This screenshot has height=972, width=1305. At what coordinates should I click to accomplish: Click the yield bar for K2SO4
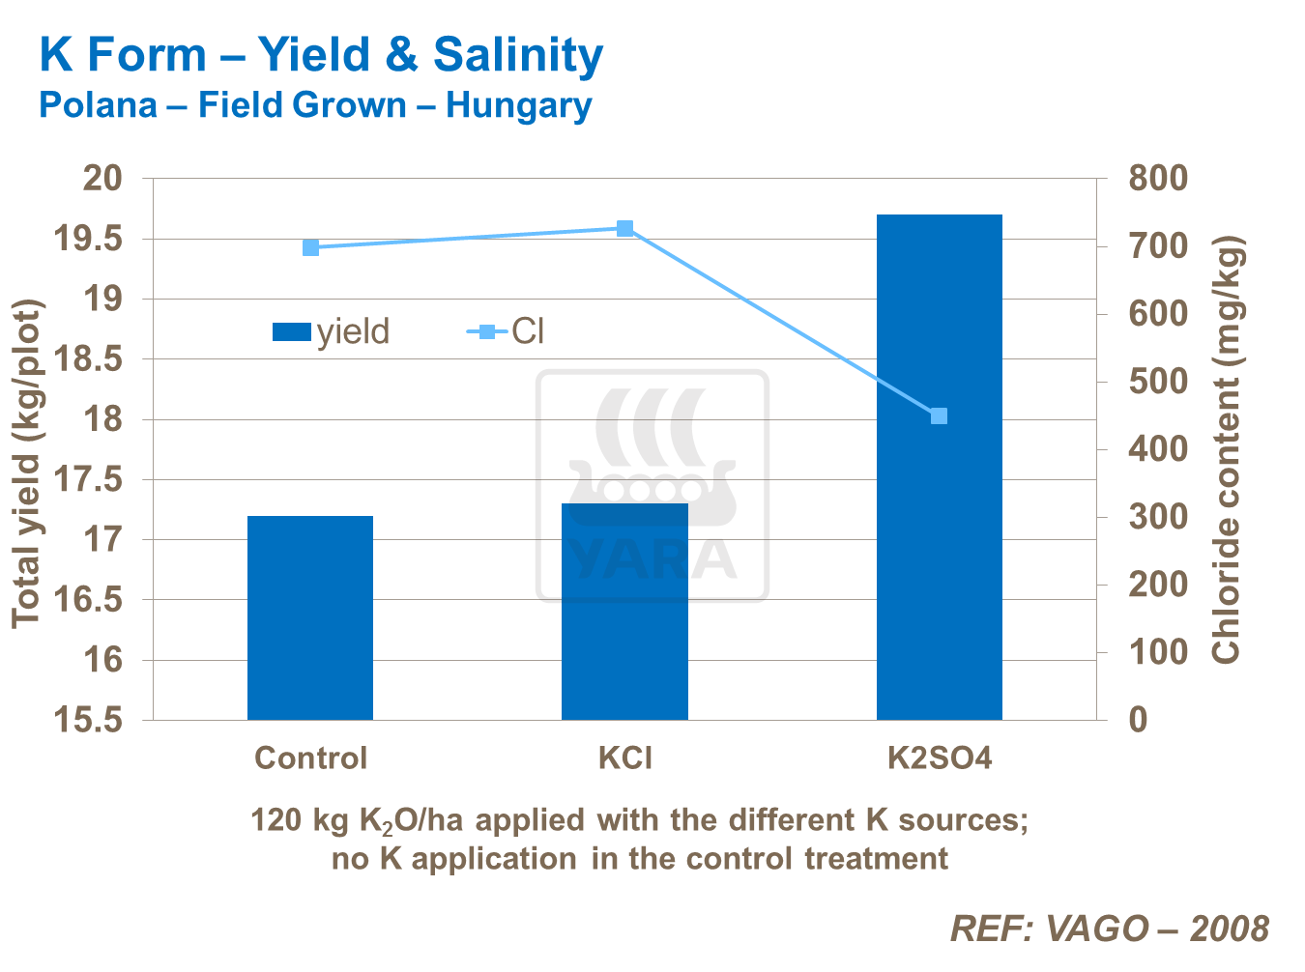939,541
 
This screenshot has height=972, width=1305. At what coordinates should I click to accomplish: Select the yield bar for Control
310,618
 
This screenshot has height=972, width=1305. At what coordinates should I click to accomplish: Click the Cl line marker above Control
311,248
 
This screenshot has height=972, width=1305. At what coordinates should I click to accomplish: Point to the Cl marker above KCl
624,229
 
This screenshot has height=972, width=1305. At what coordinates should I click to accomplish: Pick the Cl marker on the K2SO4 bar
939,416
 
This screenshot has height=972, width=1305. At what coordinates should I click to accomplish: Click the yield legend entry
332,332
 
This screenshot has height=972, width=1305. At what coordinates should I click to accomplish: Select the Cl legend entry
507,332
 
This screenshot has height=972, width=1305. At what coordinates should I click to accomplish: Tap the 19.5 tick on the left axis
89,239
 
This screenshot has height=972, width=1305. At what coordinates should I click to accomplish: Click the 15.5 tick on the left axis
89,720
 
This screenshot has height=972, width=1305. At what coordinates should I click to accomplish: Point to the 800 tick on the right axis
1157,179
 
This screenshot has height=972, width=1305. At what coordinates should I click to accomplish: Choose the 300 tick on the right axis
1157,516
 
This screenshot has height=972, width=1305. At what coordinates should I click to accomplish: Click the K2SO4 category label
940,758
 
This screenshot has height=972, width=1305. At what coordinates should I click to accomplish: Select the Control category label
310,758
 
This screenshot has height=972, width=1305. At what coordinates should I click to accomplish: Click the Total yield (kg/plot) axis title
28,464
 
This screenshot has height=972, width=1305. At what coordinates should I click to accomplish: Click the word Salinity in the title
517,55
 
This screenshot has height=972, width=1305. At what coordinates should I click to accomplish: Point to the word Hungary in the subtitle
518,105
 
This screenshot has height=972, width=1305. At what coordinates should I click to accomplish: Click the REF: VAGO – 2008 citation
1109,929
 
